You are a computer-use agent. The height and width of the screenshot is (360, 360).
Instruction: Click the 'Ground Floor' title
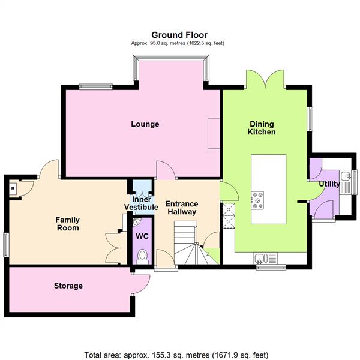[179, 35]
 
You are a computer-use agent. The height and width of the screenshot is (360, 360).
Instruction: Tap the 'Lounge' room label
[145, 124]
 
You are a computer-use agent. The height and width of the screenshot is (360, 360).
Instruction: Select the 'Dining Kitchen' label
[263, 128]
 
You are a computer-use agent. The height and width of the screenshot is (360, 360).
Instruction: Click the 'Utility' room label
[329, 184]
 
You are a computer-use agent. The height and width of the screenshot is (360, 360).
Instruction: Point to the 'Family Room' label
[68, 224]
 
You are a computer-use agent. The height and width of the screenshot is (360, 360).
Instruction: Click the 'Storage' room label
[68, 286]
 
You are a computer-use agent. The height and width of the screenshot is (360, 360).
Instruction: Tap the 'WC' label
[142, 236]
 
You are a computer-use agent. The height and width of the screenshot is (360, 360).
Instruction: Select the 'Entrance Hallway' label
[182, 208]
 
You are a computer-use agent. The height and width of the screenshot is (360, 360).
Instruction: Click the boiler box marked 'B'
[12, 188]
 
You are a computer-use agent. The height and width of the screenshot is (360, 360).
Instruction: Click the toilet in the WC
[142, 257]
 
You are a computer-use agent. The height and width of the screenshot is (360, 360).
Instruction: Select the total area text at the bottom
[179, 355]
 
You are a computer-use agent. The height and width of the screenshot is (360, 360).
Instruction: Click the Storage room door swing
[140, 283]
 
